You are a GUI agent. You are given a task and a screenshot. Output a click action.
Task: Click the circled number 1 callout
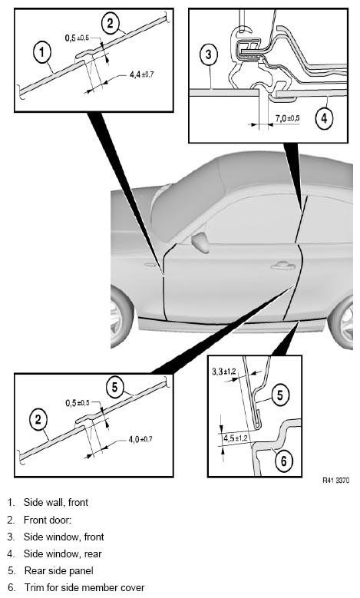pyautogui.click(x=41, y=53)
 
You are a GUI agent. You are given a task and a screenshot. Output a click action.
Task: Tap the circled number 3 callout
pyautogui.click(x=208, y=55)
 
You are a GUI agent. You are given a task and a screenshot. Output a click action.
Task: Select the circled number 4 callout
pyautogui.click(x=323, y=118)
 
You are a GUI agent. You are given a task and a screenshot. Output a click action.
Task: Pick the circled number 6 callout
pyautogui.click(x=283, y=461)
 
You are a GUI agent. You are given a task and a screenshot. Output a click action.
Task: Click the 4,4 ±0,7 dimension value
pyautogui.click(x=141, y=74)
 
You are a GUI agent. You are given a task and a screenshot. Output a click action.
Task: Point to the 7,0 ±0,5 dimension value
pyautogui.click(x=287, y=118)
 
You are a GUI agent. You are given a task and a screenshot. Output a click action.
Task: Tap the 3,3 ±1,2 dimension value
pyautogui.click(x=224, y=370)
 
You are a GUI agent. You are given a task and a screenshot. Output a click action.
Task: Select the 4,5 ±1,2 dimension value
pyautogui.click(x=235, y=438)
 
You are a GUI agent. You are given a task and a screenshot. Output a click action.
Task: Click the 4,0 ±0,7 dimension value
pyautogui.click(x=140, y=439)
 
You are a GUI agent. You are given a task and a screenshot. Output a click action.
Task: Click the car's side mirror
pyautogui.click(x=200, y=243)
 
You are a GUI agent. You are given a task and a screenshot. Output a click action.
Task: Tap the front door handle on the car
pyautogui.click(x=283, y=266)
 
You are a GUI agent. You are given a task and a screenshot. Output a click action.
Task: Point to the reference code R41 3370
pyautogui.click(x=335, y=481)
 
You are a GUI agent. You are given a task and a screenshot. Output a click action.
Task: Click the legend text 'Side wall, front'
pyautogui.click(x=56, y=502)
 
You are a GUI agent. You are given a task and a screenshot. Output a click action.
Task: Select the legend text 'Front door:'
pyautogui.click(x=48, y=520)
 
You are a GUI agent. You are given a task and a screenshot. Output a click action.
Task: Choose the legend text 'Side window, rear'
pyautogui.click(x=62, y=553)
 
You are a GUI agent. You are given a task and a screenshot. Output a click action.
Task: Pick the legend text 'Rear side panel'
pyautogui.click(x=59, y=570)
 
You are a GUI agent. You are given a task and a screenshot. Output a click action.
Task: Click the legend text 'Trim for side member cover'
pyautogui.click(x=84, y=588)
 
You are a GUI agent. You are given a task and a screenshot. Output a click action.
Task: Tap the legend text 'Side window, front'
pyautogui.click(x=64, y=537)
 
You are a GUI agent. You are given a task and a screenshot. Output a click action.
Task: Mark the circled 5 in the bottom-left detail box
pyautogui.click(x=115, y=388)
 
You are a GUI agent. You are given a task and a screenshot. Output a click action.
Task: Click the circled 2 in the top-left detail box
pyautogui.click(x=111, y=24)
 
